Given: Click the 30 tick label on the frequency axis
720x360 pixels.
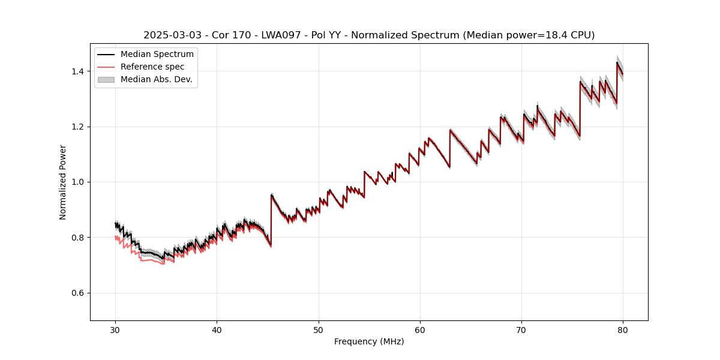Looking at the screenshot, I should (x=115, y=330).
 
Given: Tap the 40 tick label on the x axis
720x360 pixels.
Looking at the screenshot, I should (x=217, y=330).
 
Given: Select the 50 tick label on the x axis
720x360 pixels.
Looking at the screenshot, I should (x=319, y=330).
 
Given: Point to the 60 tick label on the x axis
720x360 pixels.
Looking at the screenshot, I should (x=420, y=330).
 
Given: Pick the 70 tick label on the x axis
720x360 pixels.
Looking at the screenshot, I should (x=521, y=330).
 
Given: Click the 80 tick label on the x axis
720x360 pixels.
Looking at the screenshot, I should (x=623, y=330).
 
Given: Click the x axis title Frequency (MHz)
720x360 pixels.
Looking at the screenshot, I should (x=369, y=341).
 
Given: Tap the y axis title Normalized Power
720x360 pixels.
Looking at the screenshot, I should (x=63, y=182).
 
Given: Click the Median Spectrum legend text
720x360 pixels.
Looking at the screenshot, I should (x=157, y=55).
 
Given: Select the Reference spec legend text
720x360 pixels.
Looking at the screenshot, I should (x=152, y=67).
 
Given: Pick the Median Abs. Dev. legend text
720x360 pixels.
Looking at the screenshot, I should (x=157, y=79).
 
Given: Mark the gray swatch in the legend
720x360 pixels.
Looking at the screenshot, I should (x=106, y=79).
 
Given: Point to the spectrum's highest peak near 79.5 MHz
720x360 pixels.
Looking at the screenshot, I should (x=617, y=62).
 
